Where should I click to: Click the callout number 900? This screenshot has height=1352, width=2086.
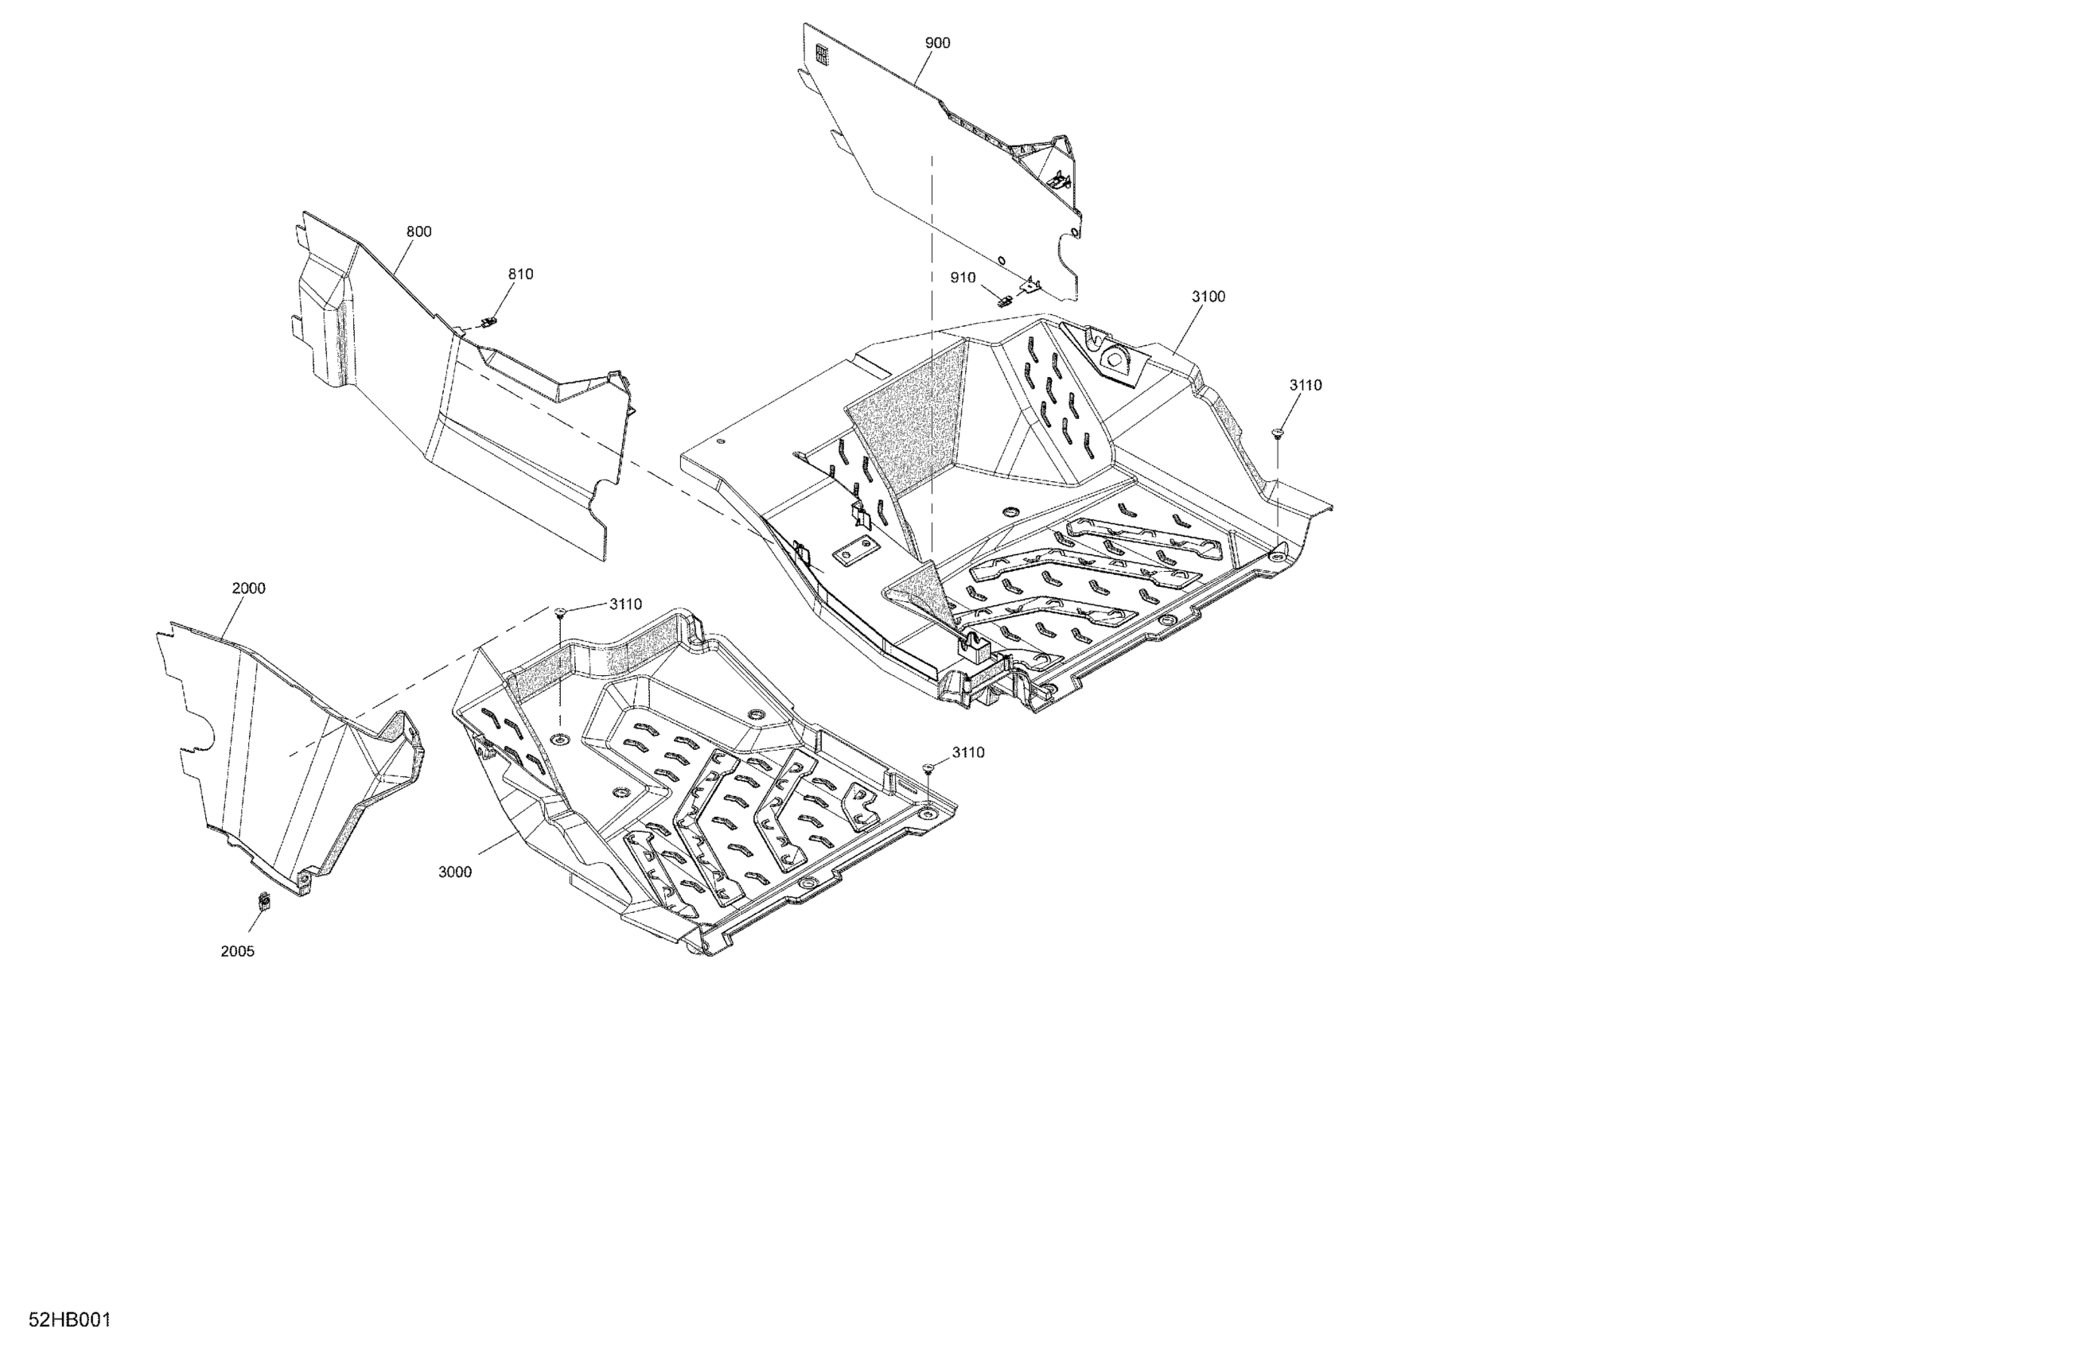tap(937, 43)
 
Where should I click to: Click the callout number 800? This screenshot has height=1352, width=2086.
tap(419, 232)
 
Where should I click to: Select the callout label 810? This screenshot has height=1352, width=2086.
tap(520, 274)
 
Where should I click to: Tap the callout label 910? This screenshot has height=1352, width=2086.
tap(963, 278)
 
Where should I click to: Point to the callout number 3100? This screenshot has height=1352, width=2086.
tap(1208, 297)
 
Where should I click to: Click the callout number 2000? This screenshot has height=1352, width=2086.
tap(248, 589)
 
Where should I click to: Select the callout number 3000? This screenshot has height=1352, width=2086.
tap(455, 872)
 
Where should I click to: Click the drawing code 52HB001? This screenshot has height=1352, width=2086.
tap(70, 1320)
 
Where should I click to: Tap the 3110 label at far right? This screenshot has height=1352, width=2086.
tap(1305, 386)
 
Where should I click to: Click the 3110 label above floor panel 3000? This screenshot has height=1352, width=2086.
tap(626, 604)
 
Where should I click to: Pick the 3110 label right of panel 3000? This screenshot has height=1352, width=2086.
tap(967, 752)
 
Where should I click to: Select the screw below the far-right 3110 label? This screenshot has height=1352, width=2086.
tap(1277, 432)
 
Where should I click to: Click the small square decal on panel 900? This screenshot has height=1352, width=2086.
tap(821, 54)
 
